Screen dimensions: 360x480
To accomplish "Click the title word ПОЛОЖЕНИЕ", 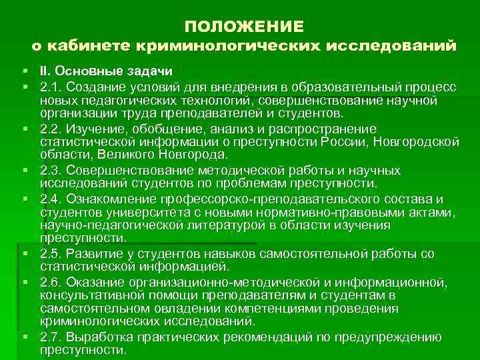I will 243,26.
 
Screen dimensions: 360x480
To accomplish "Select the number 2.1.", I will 49,87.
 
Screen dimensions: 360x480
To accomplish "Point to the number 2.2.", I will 49,128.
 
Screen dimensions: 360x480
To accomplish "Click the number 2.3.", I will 49,170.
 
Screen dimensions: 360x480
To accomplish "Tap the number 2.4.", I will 49,199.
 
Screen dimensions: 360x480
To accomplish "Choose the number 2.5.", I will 49,253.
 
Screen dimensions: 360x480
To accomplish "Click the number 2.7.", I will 49,335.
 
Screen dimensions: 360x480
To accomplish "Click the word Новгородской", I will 416,141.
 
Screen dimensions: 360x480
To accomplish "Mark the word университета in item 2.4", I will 136,212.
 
